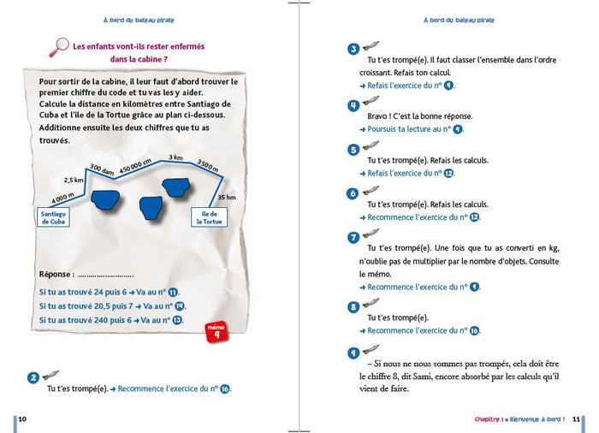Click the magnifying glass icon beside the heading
(x=58, y=48)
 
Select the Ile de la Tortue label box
(x=211, y=216)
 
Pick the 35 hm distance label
(x=226, y=197)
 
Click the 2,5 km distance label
(x=74, y=181)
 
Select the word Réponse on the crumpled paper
(x=56, y=274)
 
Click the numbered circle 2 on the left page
(x=33, y=377)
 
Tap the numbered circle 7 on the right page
(x=353, y=238)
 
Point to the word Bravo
(x=380, y=116)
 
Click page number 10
(x=22, y=418)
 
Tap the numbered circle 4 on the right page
(x=353, y=104)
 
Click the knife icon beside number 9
(x=371, y=349)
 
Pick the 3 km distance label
(x=175, y=157)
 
